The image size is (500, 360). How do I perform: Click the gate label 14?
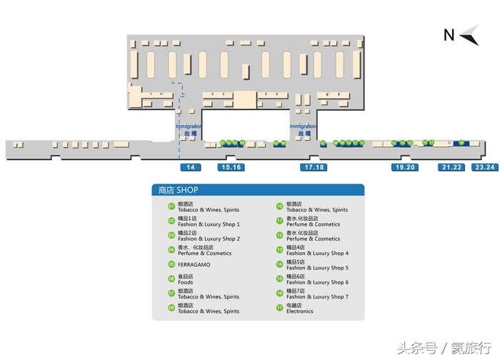190,167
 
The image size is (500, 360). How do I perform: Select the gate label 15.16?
231,167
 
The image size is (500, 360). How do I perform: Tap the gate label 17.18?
314,167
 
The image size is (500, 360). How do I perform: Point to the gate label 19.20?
404,167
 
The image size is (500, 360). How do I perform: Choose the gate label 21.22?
451,167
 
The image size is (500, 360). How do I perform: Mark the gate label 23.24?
486,167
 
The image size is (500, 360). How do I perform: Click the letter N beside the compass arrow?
449,35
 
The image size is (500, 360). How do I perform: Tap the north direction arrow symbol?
469,35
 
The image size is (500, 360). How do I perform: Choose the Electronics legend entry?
300,311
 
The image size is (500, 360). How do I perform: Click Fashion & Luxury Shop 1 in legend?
209,224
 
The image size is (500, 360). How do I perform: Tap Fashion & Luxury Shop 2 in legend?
209,239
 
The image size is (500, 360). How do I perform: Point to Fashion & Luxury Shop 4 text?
317,254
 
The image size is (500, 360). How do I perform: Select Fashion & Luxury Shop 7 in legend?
317,296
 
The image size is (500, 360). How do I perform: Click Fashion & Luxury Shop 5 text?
317,268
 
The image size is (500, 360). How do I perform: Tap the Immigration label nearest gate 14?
189,126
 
